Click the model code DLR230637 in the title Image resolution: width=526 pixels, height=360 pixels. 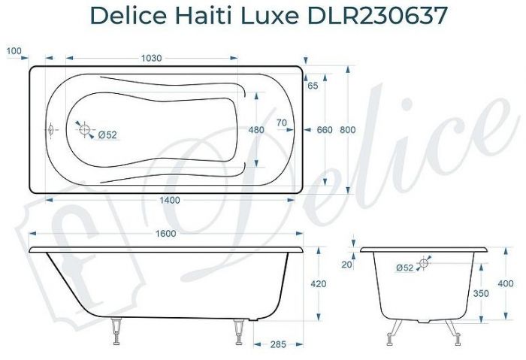click(x=366, y=15)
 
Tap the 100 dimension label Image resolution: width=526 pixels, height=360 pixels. click(x=13, y=50)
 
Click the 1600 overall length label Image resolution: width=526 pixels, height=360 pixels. click(x=166, y=234)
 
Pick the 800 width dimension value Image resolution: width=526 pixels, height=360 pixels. click(x=347, y=130)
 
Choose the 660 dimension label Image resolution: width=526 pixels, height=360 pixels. click(x=324, y=130)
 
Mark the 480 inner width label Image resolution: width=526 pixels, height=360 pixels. click(x=256, y=130)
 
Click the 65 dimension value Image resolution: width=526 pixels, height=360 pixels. click(x=313, y=86)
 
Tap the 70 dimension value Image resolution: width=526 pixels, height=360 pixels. click(x=282, y=123)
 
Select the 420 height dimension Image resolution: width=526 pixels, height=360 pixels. click(x=319, y=284)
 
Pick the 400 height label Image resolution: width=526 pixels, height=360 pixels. click(x=505, y=284)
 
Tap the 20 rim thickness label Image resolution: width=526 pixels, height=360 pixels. click(x=346, y=264)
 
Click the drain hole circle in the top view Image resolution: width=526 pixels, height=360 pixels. click(x=83, y=129)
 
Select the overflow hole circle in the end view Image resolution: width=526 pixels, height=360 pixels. click(x=425, y=262)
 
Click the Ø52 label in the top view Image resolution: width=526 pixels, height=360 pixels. click(x=107, y=135)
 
